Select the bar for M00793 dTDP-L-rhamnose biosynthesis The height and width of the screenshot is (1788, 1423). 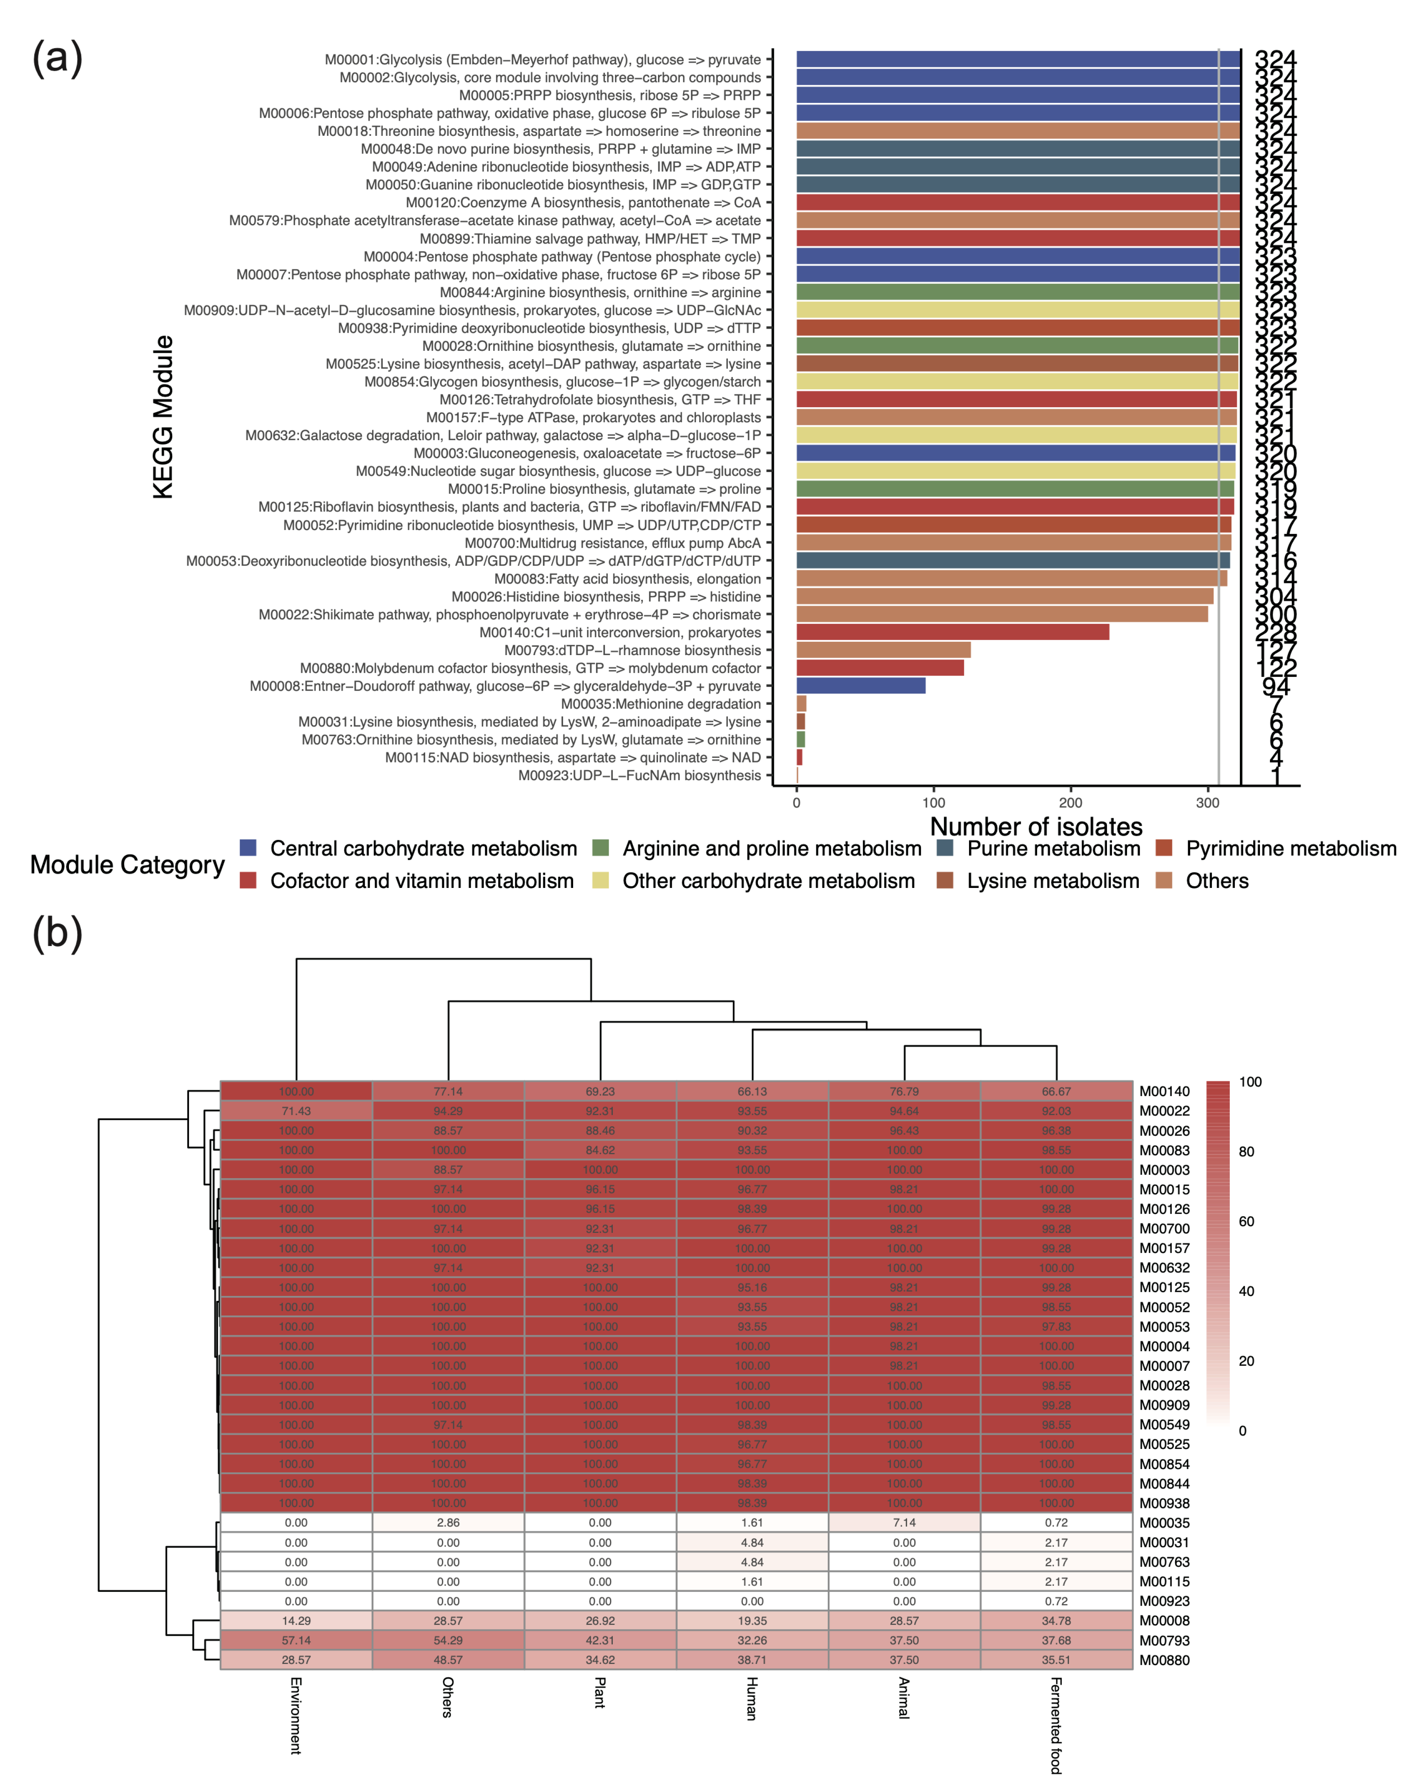[x=883, y=650]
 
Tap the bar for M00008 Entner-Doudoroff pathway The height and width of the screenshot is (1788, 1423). [x=861, y=686]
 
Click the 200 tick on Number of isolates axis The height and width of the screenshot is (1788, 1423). [x=1071, y=803]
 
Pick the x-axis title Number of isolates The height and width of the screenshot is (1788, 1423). [x=1036, y=827]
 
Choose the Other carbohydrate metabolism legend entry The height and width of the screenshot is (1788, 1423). [x=768, y=881]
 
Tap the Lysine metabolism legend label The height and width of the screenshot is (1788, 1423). [x=1052, y=881]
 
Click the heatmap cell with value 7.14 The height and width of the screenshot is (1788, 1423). [x=904, y=1523]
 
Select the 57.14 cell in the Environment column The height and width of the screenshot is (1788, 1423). [x=296, y=1640]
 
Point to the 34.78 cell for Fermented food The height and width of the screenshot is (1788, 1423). [x=1056, y=1620]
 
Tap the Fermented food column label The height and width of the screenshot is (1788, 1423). [x=1056, y=1725]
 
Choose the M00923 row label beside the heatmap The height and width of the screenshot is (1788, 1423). [x=1164, y=1602]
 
